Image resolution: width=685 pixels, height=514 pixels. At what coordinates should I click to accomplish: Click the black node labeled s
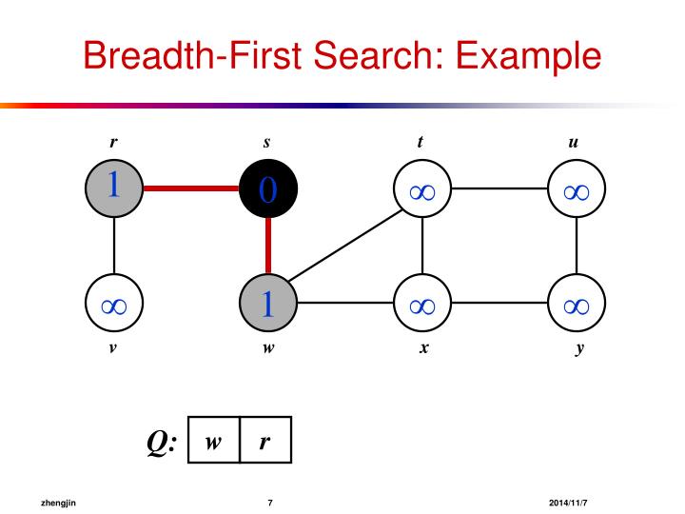(267, 188)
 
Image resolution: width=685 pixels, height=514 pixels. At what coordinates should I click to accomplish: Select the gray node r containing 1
(113, 188)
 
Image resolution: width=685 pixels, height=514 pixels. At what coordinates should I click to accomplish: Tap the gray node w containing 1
(267, 305)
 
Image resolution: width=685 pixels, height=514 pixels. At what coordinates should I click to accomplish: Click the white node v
(113, 305)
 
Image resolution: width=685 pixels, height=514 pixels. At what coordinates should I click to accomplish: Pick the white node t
(421, 188)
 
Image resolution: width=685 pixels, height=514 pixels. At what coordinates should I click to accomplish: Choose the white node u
(576, 188)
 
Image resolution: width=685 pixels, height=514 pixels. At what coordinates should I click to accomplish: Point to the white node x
(421, 305)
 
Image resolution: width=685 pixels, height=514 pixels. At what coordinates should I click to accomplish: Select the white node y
(576, 305)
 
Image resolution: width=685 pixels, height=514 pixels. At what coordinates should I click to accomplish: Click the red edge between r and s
(190, 188)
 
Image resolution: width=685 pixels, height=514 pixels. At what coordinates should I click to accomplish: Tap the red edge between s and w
(267, 247)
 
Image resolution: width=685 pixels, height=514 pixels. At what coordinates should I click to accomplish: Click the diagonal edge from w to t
(344, 247)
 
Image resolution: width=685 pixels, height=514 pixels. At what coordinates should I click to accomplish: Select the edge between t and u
(499, 188)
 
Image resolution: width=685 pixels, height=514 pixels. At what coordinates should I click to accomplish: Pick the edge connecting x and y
(499, 305)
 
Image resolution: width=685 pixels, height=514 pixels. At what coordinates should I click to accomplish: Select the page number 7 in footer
(271, 502)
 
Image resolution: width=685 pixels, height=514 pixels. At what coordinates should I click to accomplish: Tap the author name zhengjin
(57, 502)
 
